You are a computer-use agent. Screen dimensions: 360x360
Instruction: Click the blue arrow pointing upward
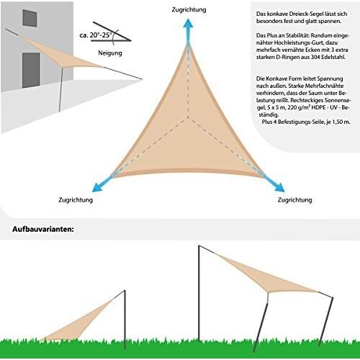(x=189, y=31)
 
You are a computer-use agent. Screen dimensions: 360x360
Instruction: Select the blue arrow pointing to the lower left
(x=103, y=184)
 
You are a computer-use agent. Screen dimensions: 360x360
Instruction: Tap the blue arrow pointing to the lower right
(x=274, y=184)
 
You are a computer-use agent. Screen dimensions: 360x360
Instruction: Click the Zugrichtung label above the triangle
(x=189, y=9)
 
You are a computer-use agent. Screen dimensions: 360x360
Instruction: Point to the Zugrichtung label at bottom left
(x=76, y=199)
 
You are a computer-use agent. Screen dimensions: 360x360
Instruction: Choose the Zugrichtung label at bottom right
(x=295, y=199)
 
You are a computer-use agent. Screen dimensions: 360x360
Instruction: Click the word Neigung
(x=110, y=53)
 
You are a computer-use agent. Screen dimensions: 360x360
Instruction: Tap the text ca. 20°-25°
(x=96, y=35)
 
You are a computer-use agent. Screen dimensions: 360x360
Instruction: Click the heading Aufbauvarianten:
(x=43, y=229)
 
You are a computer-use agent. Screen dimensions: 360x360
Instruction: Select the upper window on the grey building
(x=30, y=18)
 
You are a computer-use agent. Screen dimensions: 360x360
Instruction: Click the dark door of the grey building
(x=31, y=71)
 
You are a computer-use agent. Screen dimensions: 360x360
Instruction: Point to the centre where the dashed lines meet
(x=188, y=117)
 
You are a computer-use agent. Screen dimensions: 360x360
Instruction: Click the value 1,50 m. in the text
(x=340, y=122)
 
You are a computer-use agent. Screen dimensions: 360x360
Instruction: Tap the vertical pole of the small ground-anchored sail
(x=125, y=319)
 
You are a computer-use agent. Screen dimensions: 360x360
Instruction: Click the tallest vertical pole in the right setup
(x=199, y=293)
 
